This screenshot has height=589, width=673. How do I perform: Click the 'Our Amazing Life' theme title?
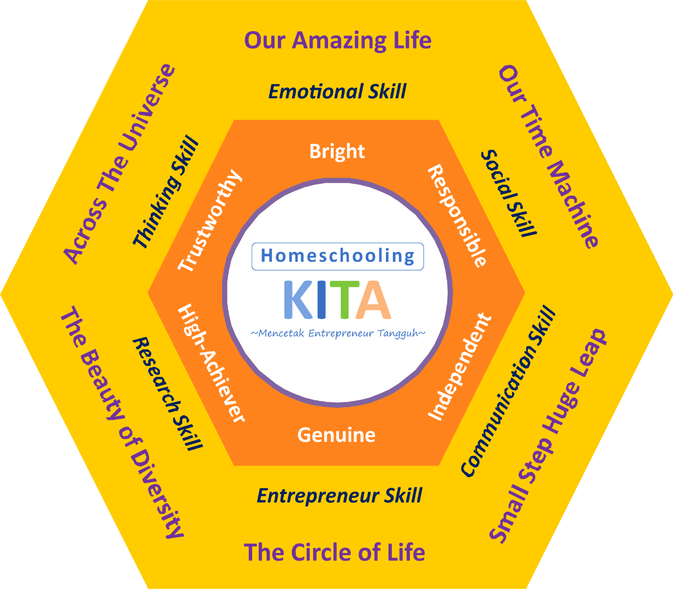(337, 41)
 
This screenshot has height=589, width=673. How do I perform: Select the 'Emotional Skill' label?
(337, 92)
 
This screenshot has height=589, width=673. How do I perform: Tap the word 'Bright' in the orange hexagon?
(337, 151)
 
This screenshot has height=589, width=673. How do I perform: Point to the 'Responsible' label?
(457, 216)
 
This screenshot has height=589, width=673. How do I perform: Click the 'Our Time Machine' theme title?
(549, 157)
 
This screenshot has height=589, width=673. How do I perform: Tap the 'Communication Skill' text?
(508, 391)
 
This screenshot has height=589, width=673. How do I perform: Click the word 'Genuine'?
(336, 435)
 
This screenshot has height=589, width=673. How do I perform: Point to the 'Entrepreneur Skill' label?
(339, 496)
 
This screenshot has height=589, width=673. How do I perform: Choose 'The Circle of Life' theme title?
(334, 552)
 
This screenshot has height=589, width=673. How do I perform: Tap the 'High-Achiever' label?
(212, 363)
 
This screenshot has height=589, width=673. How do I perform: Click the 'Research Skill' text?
(168, 393)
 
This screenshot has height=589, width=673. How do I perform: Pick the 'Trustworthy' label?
(210, 220)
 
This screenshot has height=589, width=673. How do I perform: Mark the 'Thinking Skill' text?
(166, 192)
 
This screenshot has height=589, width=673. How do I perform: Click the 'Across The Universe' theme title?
(120, 164)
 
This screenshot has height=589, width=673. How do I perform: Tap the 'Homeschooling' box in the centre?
(337, 256)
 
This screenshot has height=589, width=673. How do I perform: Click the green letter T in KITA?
(347, 299)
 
